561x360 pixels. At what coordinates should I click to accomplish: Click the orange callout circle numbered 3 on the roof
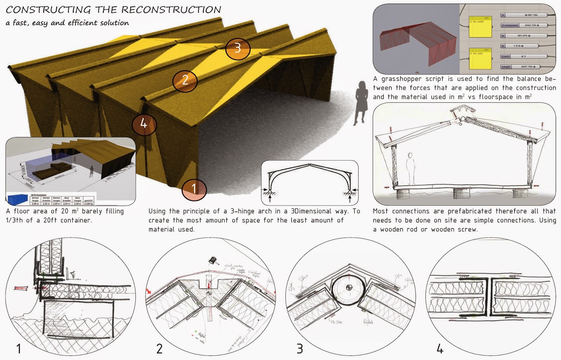[x=238, y=48]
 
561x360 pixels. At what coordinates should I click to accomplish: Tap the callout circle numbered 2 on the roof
[x=185, y=81]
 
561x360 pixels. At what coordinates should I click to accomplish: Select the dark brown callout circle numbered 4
[x=144, y=124]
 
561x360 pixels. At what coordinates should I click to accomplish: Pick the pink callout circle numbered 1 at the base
[x=194, y=189]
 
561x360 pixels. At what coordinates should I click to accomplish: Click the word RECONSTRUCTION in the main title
[x=171, y=9]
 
